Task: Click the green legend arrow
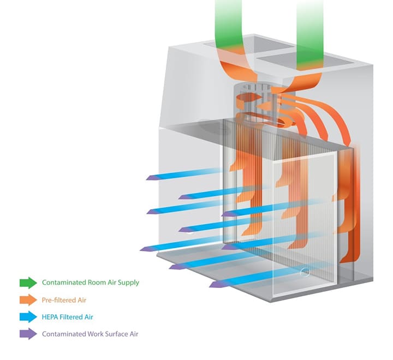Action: (x=28, y=283)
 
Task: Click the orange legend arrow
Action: (x=28, y=299)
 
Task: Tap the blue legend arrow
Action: (x=28, y=317)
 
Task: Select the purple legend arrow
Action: (x=28, y=334)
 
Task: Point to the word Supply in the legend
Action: (x=128, y=283)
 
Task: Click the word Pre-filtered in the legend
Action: (x=57, y=300)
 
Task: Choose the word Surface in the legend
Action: (x=115, y=334)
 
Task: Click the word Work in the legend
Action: (x=95, y=334)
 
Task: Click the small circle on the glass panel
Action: (x=305, y=272)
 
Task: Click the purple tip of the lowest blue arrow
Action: (x=215, y=285)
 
